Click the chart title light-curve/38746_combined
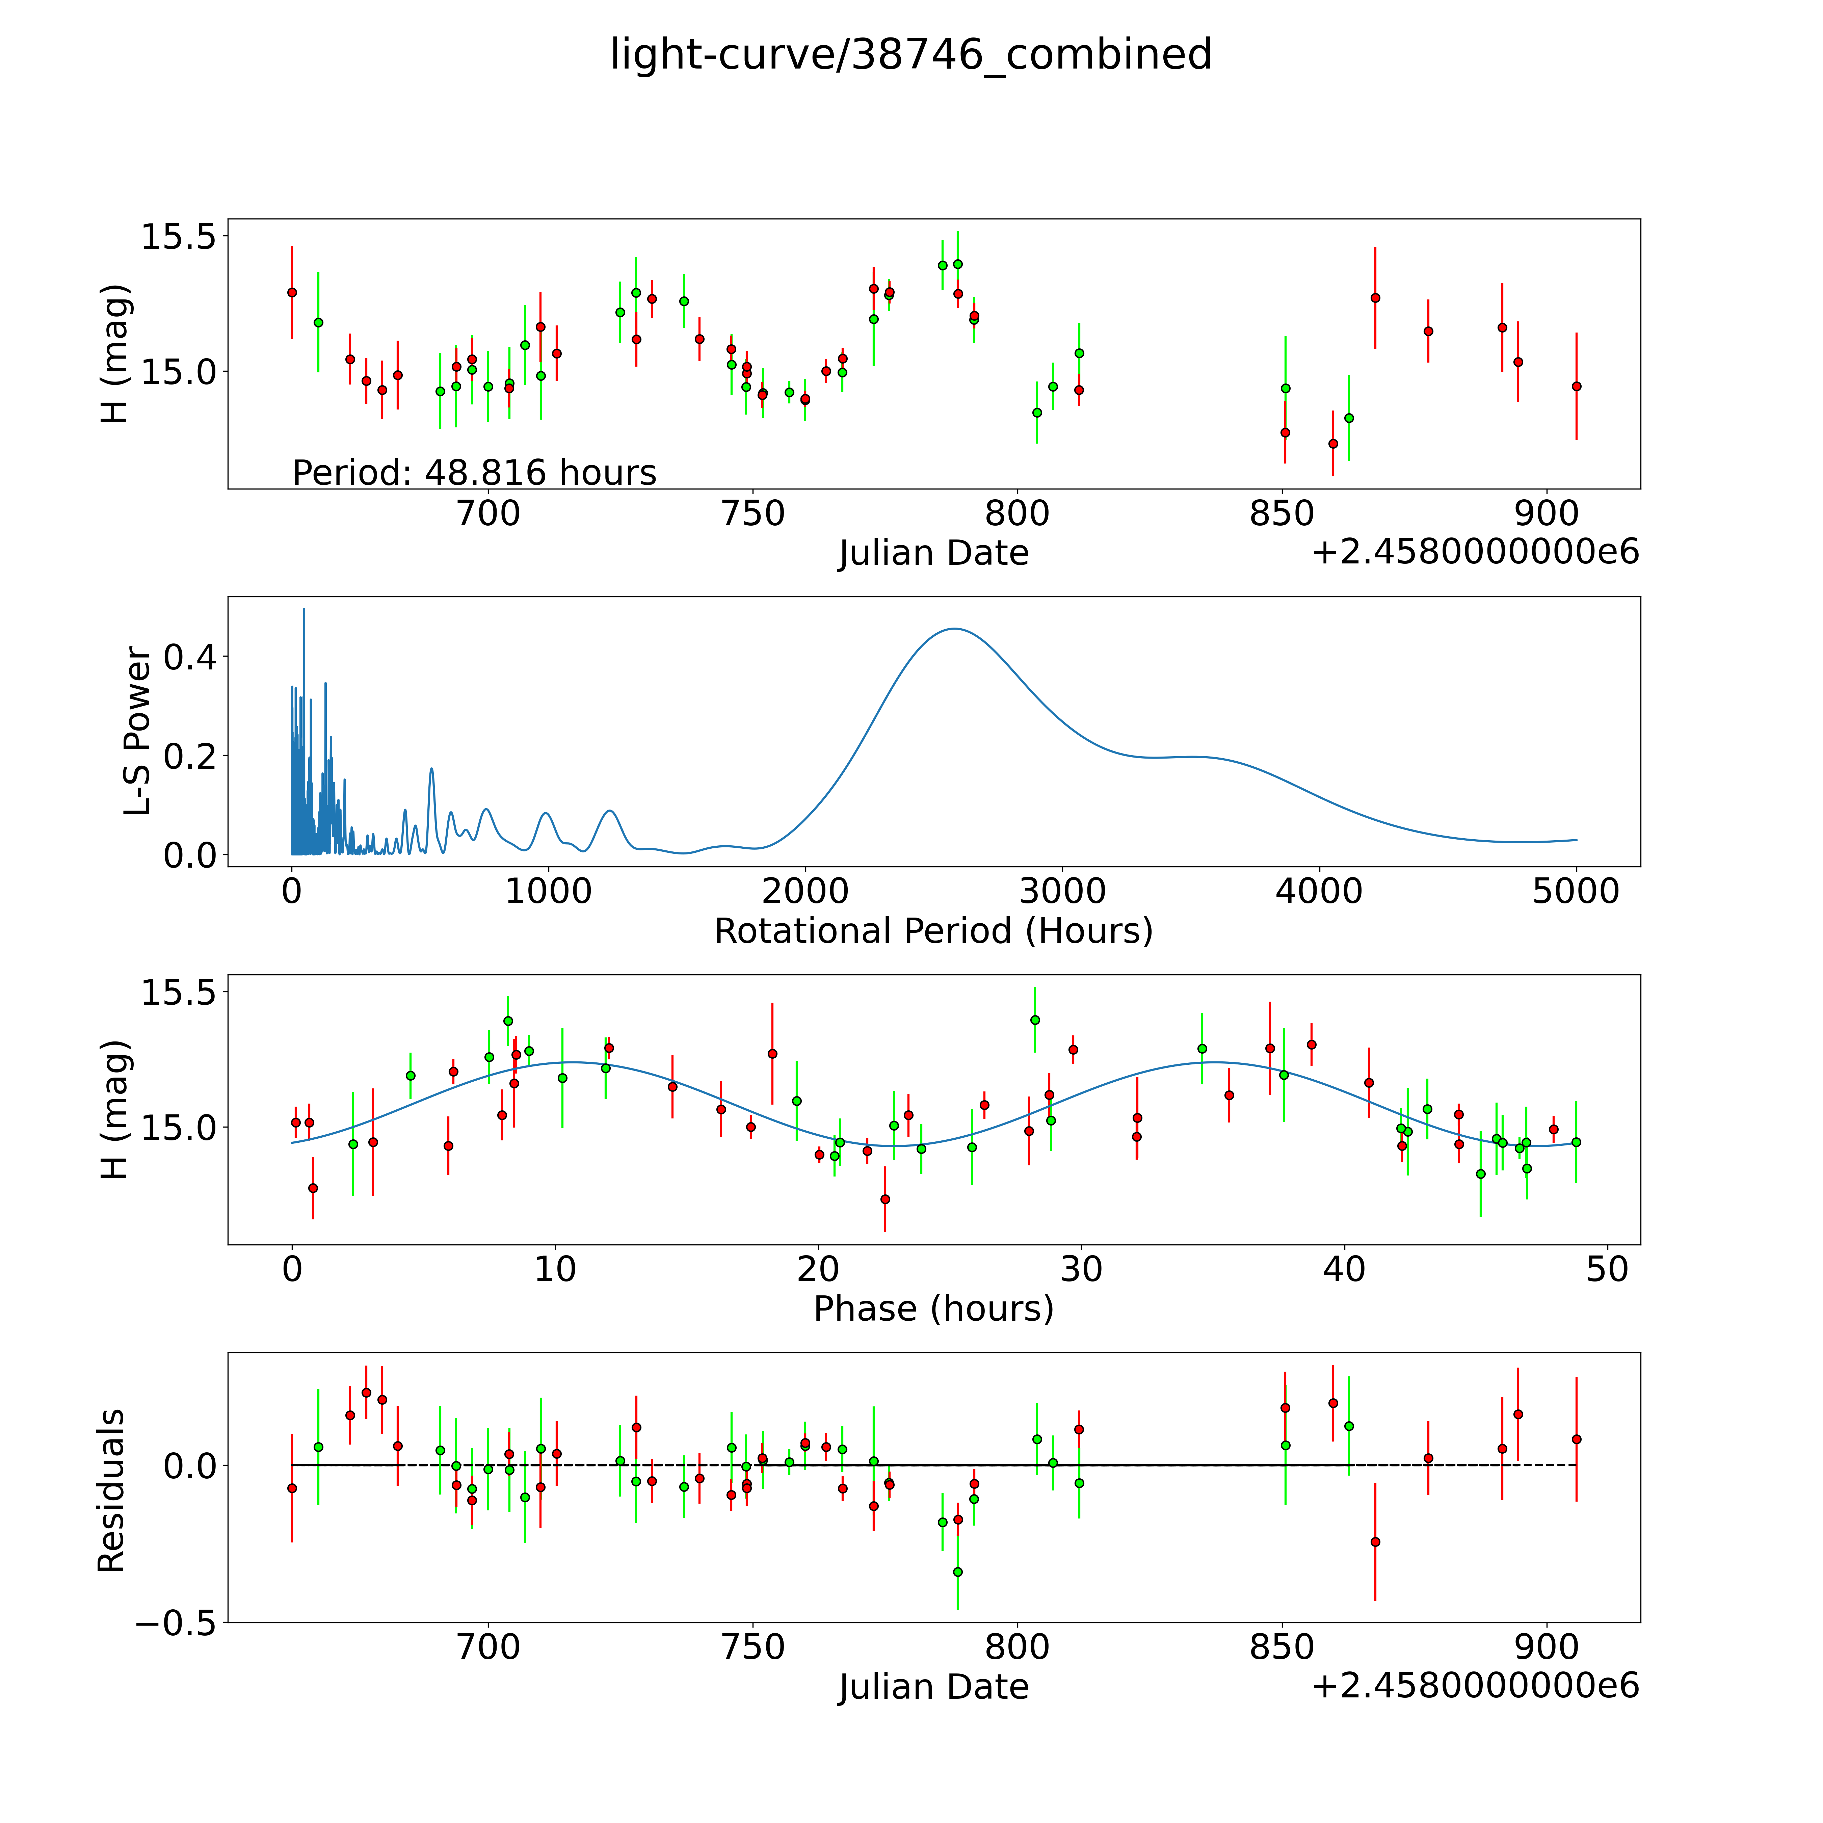tap(910, 55)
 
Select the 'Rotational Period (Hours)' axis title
tap(933, 931)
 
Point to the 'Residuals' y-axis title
tap(111, 1491)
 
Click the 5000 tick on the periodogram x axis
tap(1576, 891)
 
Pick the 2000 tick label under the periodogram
tap(805, 891)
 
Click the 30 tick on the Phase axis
tap(1081, 1269)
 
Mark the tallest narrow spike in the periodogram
tap(304, 610)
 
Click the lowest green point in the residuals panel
tap(958, 1572)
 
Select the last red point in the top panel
tap(1576, 386)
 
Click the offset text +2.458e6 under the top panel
tap(1475, 552)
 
